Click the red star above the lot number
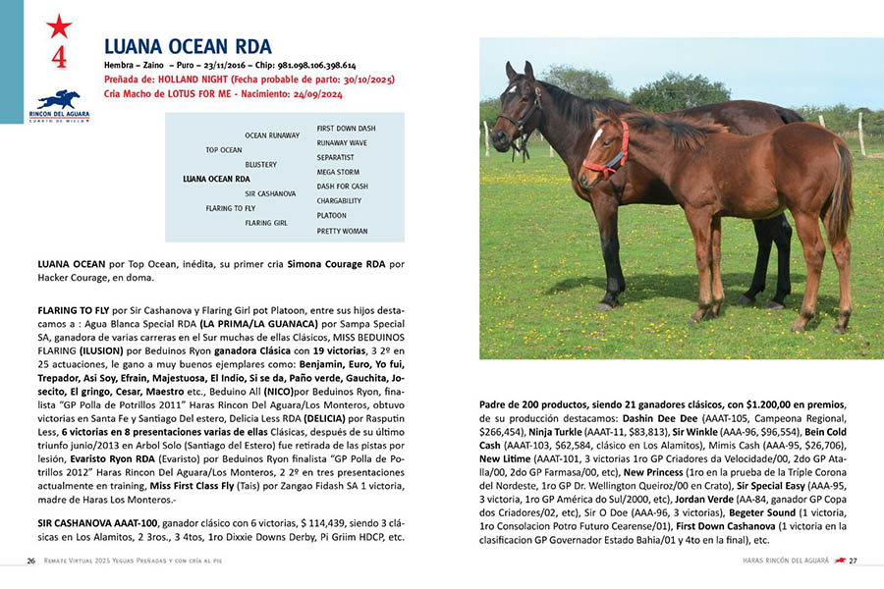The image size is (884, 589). click(59, 27)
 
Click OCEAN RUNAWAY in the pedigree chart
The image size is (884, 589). click(272, 134)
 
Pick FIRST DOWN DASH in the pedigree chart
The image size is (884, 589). click(346, 129)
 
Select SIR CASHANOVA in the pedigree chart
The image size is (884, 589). click(270, 193)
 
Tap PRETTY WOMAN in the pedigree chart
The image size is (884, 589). click(342, 231)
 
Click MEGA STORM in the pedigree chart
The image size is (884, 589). click(339, 172)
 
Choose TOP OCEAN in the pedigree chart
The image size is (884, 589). click(224, 150)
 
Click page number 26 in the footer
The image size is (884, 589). click(30, 561)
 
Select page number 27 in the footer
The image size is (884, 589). click(854, 561)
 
